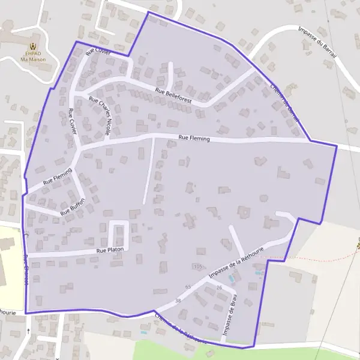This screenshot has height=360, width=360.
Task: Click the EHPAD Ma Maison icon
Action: click(33, 45)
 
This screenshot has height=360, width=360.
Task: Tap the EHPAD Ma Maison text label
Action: click(33, 56)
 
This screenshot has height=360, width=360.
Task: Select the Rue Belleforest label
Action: click(173, 96)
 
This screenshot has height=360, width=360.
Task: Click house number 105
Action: click(198, 266)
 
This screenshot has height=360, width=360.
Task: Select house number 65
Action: click(189, 287)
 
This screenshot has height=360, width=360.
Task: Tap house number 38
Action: click(177, 300)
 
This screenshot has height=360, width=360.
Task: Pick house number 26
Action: click(219, 288)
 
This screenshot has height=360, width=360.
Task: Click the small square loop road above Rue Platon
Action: click(119, 230)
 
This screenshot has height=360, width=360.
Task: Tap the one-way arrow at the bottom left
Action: click(28, 331)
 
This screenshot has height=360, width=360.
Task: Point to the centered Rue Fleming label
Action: click(194, 139)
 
